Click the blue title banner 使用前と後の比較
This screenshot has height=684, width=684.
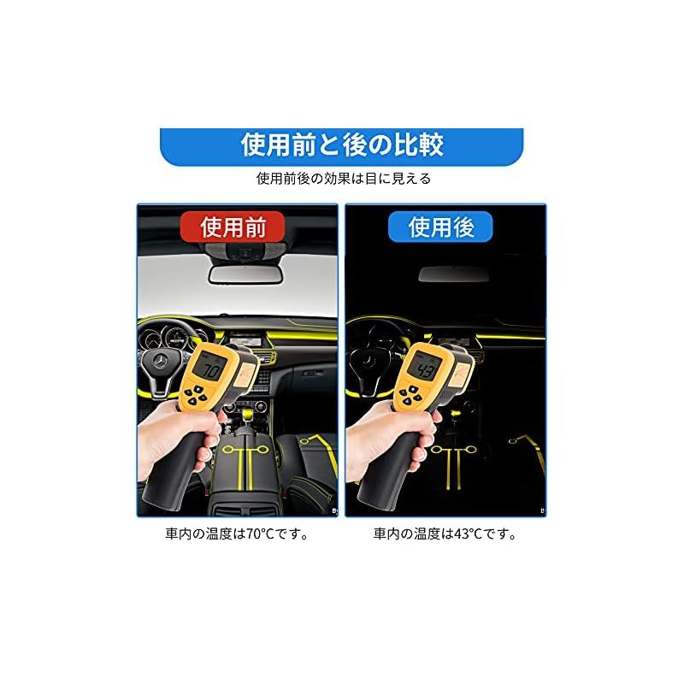tap(341, 146)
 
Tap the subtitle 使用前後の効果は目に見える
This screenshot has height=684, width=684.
tap(344, 179)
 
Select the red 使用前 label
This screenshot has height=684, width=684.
tap(233, 227)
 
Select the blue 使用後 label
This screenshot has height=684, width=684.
tap(440, 227)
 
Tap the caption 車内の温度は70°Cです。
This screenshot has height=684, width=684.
tap(237, 534)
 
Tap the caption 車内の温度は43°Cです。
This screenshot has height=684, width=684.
tap(445, 534)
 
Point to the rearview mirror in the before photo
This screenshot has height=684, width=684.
tap(245, 274)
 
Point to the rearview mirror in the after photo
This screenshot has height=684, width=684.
tap(454, 274)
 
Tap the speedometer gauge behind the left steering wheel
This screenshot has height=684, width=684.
tap(177, 337)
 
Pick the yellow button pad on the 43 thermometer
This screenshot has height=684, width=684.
tap(411, 394)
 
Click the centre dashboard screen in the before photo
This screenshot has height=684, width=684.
tap(245, 339)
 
